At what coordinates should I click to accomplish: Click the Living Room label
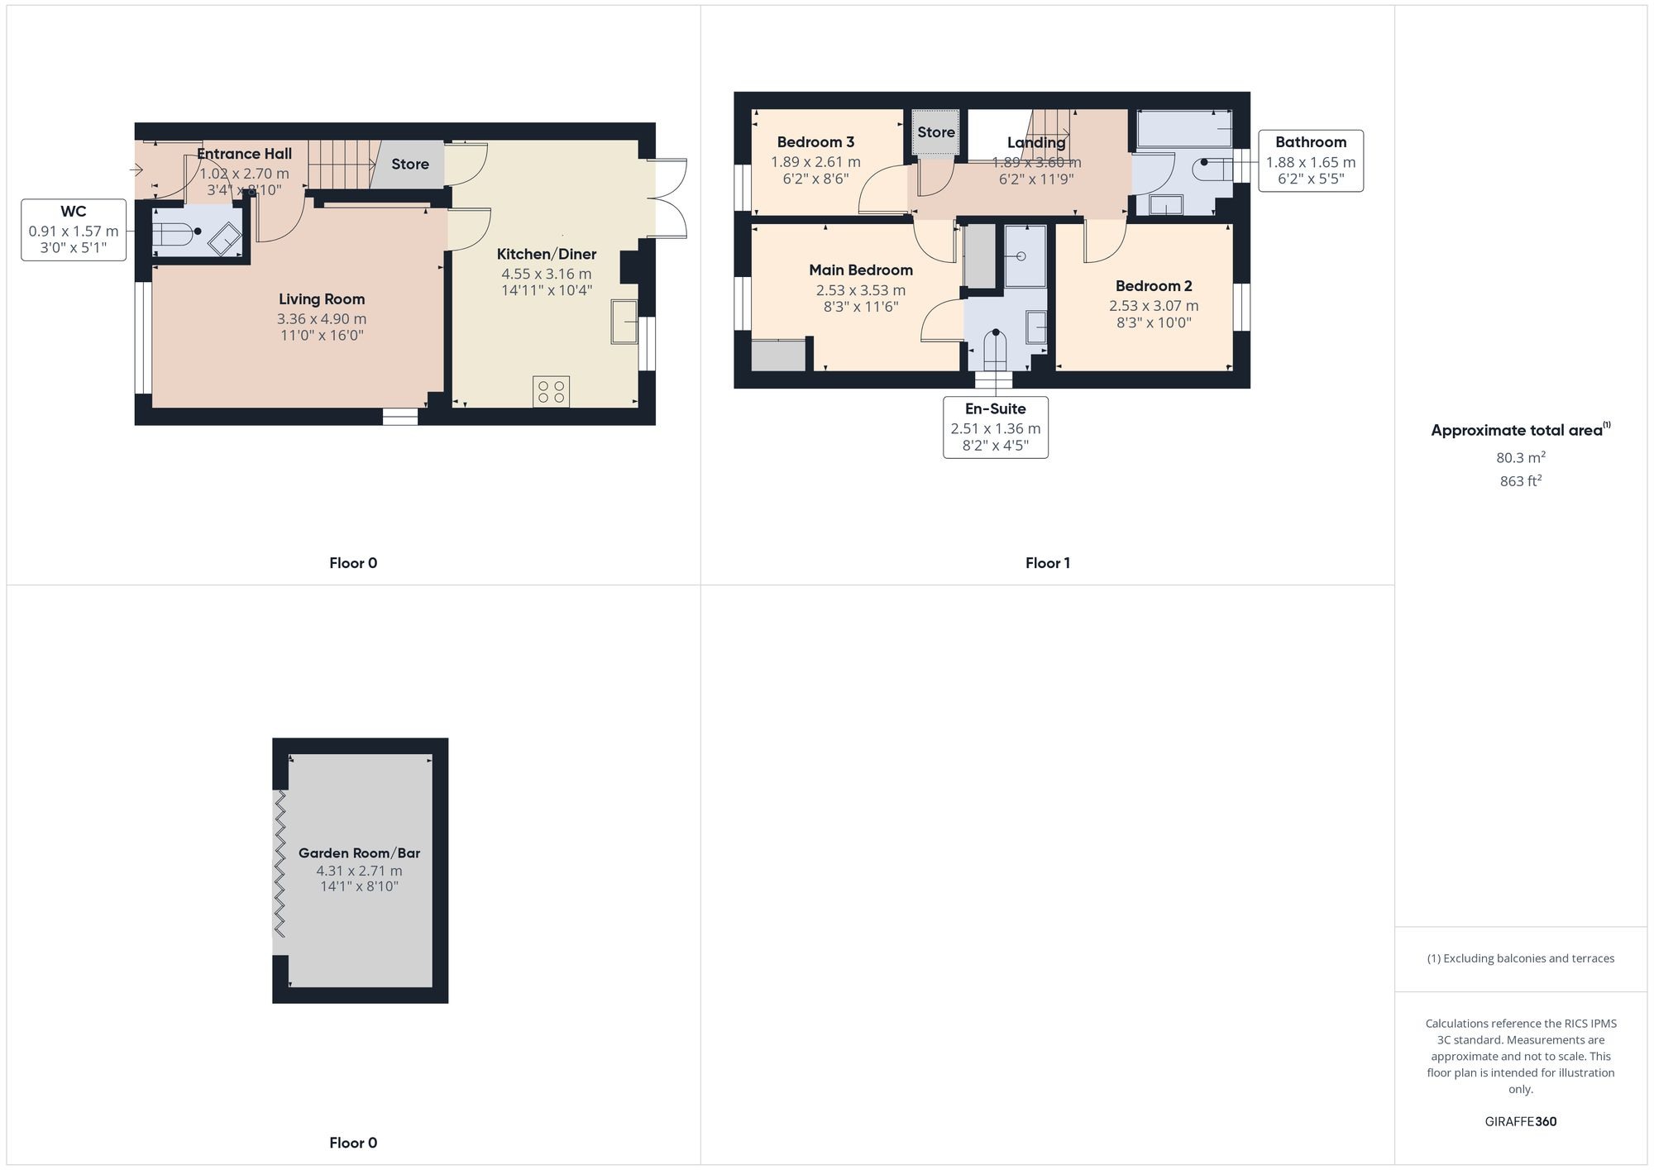point(321,299)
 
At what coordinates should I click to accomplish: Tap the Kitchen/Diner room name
point(546,254)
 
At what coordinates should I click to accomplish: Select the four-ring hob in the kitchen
point(552,391)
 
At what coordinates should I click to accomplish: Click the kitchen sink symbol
point(624,322)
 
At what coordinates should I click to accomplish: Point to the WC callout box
point(74,230)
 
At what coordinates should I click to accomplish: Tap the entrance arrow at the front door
point(136,170)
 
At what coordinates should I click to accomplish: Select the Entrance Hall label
point(244,154)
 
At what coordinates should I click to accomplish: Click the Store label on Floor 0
point(410,165)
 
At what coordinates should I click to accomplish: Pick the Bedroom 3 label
point(815,142)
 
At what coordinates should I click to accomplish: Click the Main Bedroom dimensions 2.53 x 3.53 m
point(860,290)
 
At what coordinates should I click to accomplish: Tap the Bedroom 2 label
point(1154,286)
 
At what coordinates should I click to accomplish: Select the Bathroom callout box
point(1311,161)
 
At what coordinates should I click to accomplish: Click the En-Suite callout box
point(996,427)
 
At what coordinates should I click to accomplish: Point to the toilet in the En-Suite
point(996,347)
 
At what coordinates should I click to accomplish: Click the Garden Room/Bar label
point(359,852)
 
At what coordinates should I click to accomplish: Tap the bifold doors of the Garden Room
point(280,863)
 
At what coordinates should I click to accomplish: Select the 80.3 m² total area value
point(1520,457)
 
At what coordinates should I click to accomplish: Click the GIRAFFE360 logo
point(1520,1122)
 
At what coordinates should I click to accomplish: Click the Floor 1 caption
point(1047,563)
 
